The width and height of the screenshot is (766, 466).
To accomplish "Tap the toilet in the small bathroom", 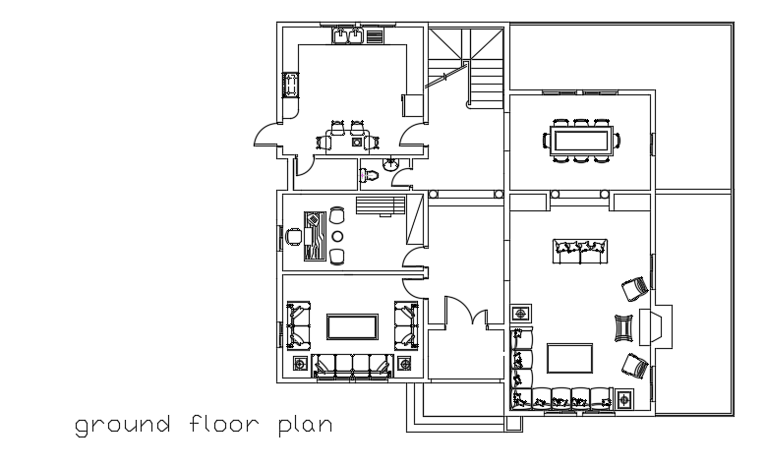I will click(x=367, y=175).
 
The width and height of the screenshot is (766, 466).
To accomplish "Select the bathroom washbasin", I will click(x=391, y=162).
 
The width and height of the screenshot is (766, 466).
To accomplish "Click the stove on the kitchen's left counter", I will click(x=290, y=86).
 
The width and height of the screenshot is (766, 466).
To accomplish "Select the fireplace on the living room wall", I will click(x=656, y=325).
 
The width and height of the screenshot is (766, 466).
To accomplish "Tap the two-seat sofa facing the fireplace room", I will click(x=582, y=252).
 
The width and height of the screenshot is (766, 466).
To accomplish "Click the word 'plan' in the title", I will click(x=305, y=427).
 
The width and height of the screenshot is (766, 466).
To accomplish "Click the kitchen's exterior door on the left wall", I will click(x=265, y=139).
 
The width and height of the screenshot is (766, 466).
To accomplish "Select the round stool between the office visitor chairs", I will click(x=337, y=237).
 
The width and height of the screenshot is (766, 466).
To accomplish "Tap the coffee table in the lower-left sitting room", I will click(x=351, y=327).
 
